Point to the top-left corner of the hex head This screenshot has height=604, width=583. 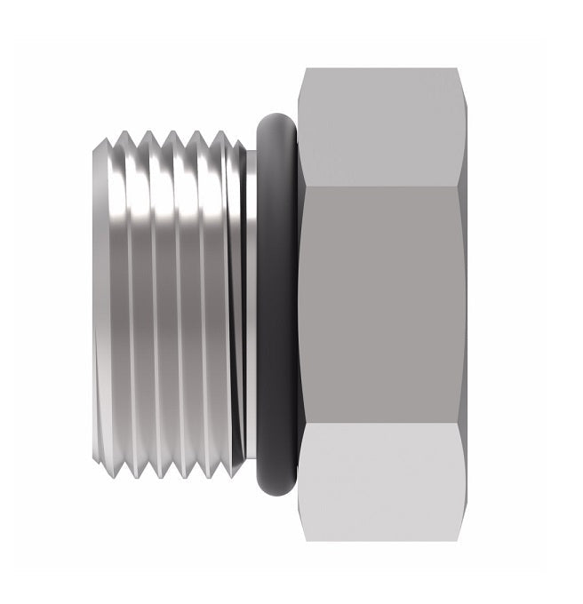click(301, 70)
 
